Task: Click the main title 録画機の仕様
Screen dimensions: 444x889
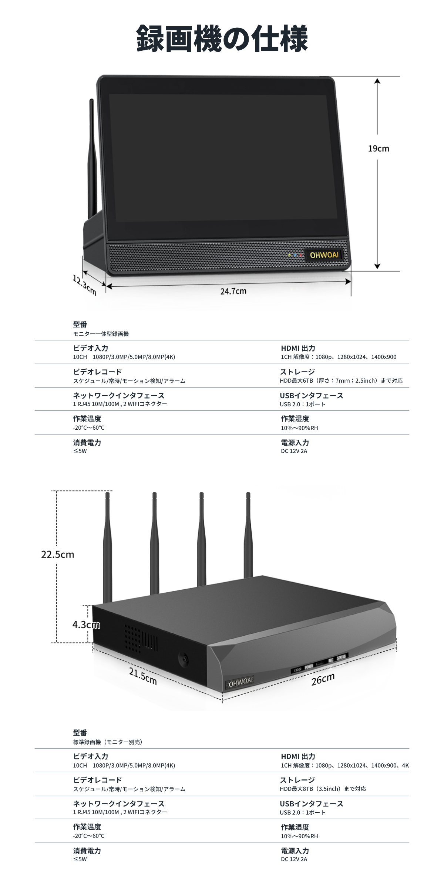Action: [x=222, y=39]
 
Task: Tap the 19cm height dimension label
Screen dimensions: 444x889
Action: [x=379, y=149]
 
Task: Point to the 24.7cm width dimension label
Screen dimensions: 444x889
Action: [x=233, y=291]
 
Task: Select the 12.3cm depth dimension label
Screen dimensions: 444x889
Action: [x=85, y=285]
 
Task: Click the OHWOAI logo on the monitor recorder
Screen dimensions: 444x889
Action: [x=324, y=255]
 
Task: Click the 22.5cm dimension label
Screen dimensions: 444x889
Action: [x=58, y=555]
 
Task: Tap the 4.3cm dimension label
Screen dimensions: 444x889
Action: [x=86, y=625]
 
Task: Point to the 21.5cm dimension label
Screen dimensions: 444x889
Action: [x=143, y=676]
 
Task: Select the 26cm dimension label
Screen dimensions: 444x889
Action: [x=323, y=679]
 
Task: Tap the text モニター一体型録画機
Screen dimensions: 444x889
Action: [x=101, y=334]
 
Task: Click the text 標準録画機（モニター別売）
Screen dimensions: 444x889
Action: [x=108, y=742]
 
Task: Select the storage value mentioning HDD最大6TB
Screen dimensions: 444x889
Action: [x=341, y=380]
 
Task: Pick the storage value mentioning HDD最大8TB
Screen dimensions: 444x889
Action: [x=323, y=789]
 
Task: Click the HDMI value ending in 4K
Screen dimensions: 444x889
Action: [x=345, y=765]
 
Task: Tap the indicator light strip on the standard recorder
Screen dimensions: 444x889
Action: [x=319, y=663]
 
